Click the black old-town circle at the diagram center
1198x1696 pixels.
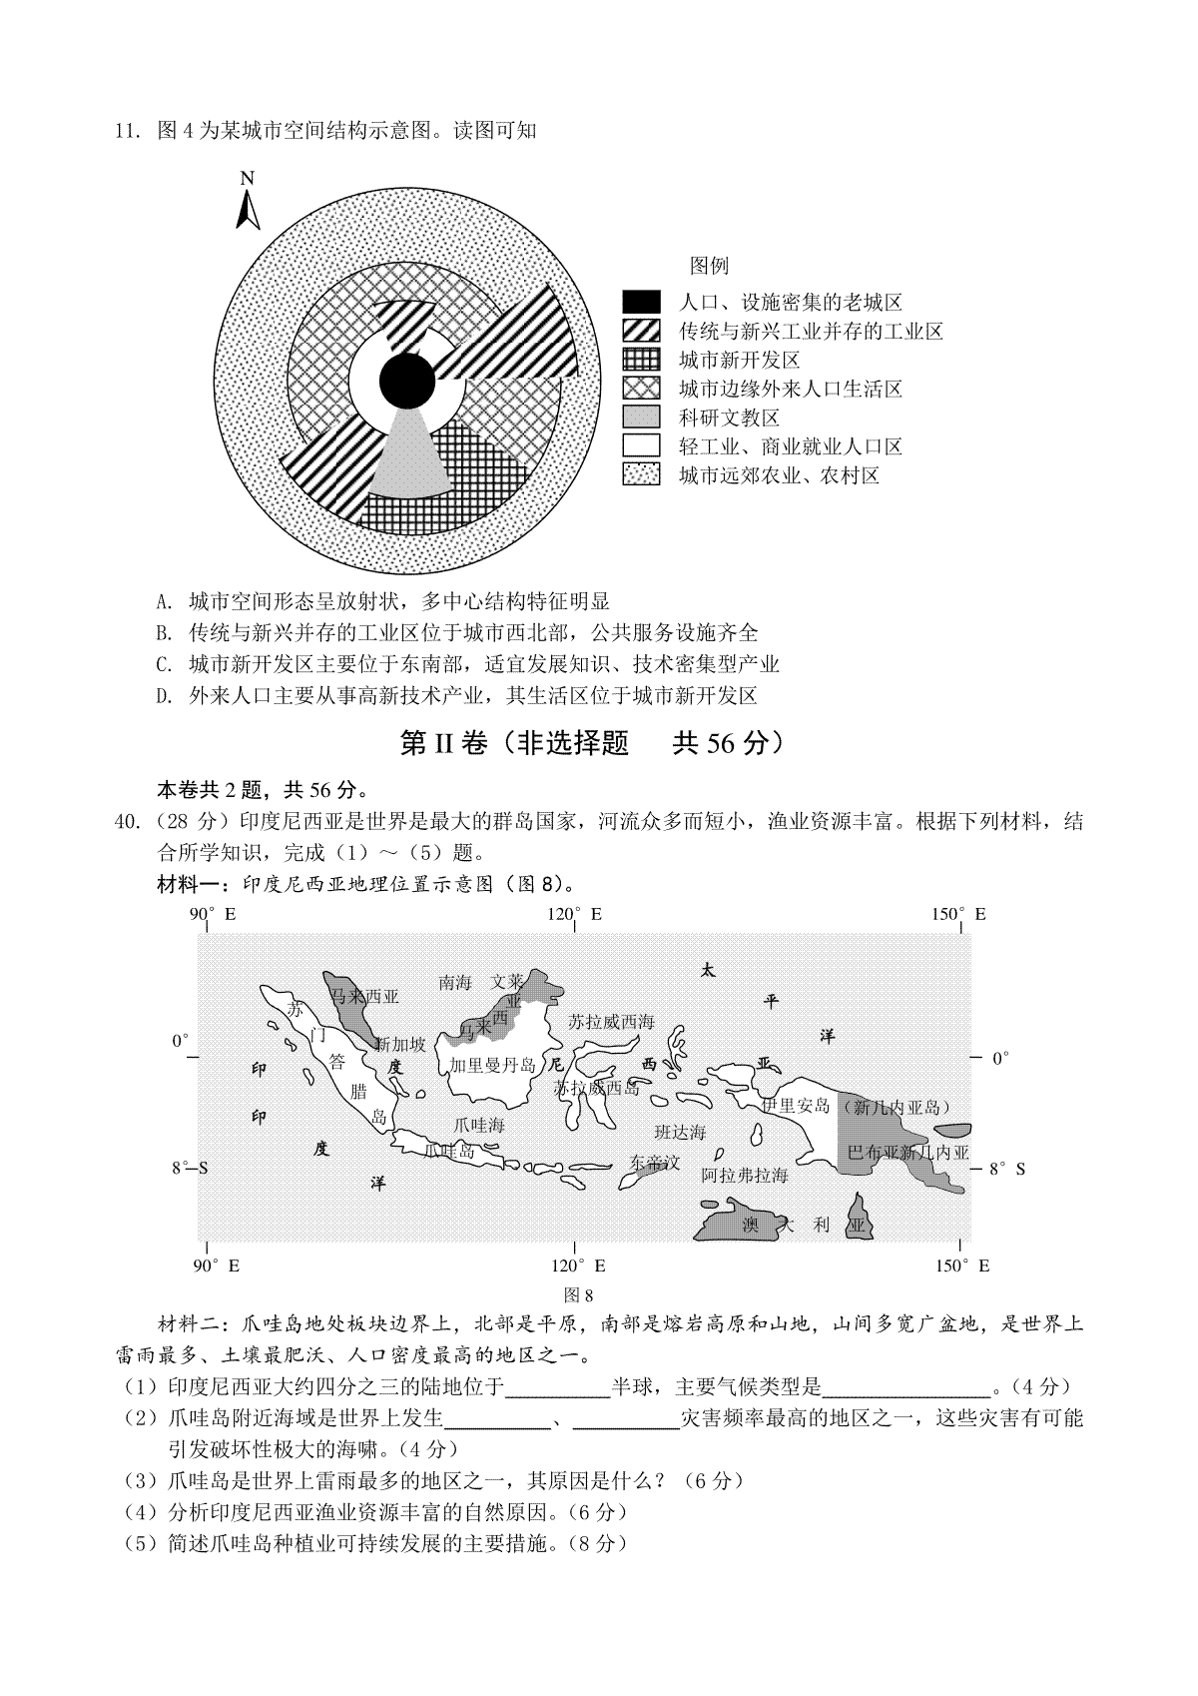pyautogui.click(x=407, y=381)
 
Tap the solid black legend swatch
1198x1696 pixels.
pyautogui.click(x=641, y=302)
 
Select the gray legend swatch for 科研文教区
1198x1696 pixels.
pyautogui.click(x=641, y=418)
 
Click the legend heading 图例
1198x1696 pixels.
pyautogui.click(x=709, y=266)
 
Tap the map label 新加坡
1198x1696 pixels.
pyautogui.click(x=399, y=1045)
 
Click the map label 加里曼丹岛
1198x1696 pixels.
pyautogui.click(x=492, y=1065)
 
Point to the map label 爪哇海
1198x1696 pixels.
pyautogui.click(x=478, y=1125)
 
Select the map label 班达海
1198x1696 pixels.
pyautogui.click(x=680, y=1132)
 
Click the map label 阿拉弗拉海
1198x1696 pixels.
pyautogui.click(x=744, y=1176)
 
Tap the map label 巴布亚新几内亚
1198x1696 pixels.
pyautogui.click(x=907, y=1153)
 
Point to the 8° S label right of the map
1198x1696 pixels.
pyautogui.click(x=1006, y=1169)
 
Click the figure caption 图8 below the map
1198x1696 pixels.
pyautogui.click(x=579, y=1295)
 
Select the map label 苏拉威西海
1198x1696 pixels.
pyautogui.click(x=611, y=1022)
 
